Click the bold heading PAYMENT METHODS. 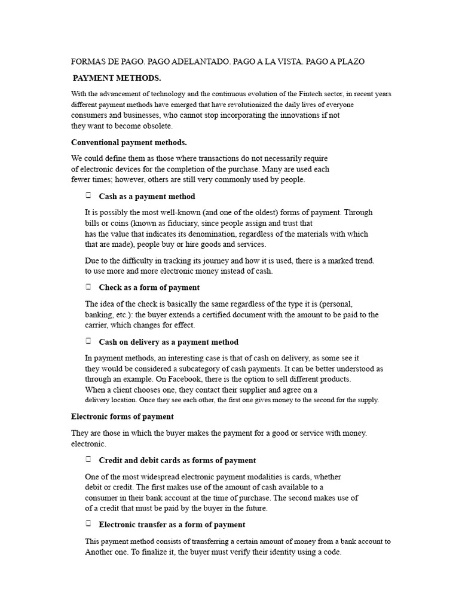(x=117, y=78)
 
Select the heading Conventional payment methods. (x=129, y=142)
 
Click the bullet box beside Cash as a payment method (x=88, y=195)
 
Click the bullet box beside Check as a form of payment (x=88, y=287)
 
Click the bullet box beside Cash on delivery (x=88, y=341)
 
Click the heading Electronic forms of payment (x=123, y=416)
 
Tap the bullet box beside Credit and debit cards (x=88, y=460)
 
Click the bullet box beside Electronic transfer (x=88, y=524)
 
